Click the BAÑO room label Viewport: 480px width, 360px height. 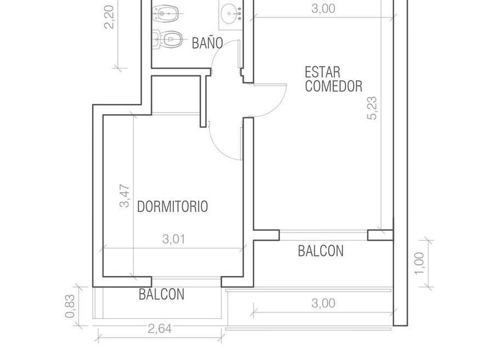click(x=207, y=43)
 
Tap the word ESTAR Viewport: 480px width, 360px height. click(x=322, y=73)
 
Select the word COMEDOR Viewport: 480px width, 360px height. click(x=334, y=86)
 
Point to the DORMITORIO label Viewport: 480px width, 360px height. click(x=173, y=207)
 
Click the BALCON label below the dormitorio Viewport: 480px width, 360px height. click(x=161, y=294)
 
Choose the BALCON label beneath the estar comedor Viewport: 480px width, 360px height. click(x=321, y=251)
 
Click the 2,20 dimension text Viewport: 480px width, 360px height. click(x=109, y=17)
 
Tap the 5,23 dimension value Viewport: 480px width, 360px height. click(x=373, y=108)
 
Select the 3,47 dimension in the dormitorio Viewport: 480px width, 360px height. click(x=125, y=196)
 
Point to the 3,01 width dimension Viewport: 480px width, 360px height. click(x=174, y=239)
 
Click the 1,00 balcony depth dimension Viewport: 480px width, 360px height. click(x=419, y=263)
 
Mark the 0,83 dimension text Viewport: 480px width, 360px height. click(x=70, y=306)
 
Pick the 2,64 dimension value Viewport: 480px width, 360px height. click(x=160, y=329)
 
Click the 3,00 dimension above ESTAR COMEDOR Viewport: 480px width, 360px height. click(x=323, y=9)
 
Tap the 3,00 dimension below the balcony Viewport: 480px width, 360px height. click(x=323, y=303)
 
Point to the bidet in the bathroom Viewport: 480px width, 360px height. click(x=165, y=14)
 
